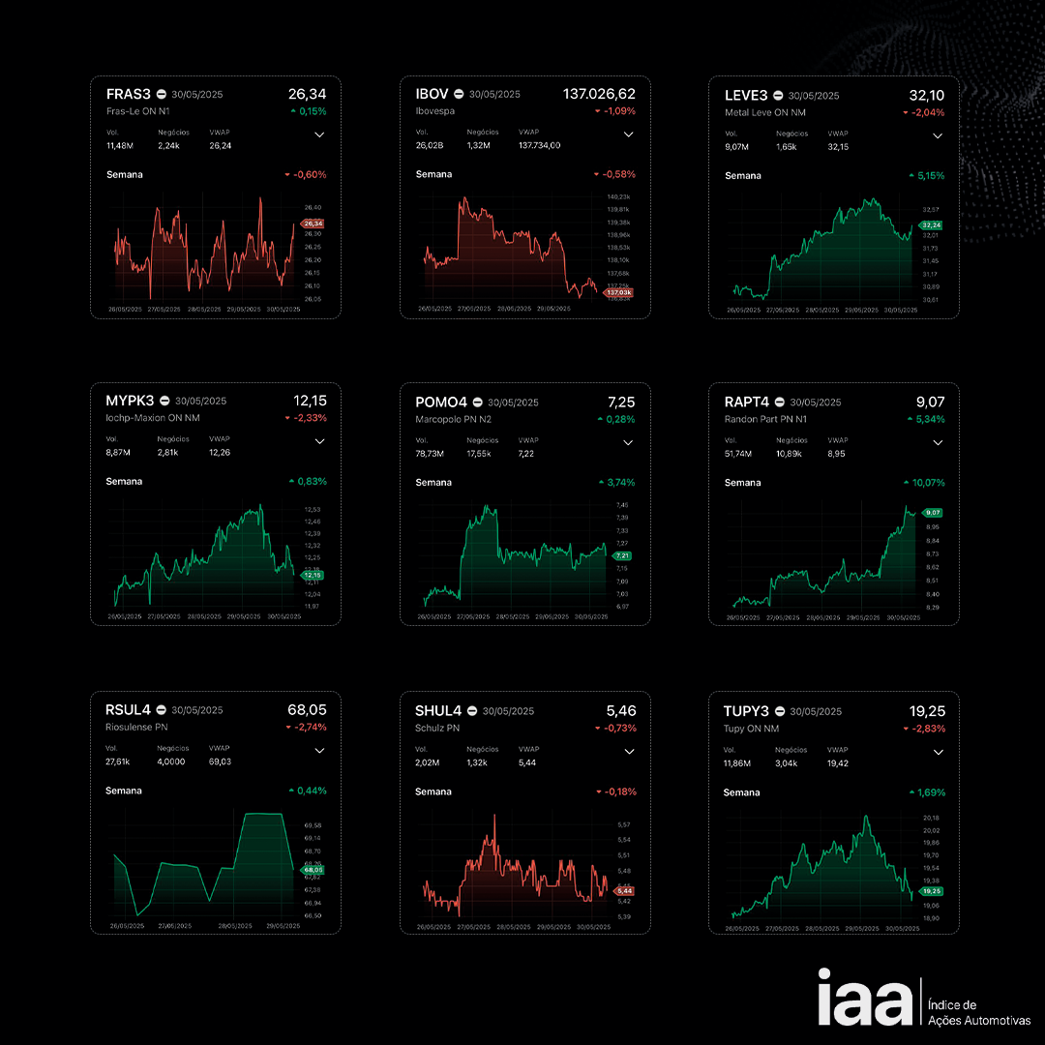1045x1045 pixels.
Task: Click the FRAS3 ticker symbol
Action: pyautogui.click(x=128, y=95)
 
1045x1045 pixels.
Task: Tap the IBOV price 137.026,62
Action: pyautogui.click(x=599, y=94)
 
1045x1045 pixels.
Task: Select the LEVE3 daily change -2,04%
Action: pyautogui.click(x=927, y=113)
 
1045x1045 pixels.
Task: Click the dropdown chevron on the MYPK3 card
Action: pyautogui.click(x=319, y=441)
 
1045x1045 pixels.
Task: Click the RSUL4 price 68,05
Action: pyautogui.click(x=307, y=709)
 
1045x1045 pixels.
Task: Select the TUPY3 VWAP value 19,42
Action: pyautogui.click(x=838, y=763)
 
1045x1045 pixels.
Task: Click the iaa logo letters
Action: pyautogui.click(x=864, y=999)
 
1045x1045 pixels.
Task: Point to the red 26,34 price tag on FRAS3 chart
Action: pyautogui.click(x=313, y=224)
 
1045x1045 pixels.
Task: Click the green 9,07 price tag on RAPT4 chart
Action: pyautogui.click(x=933, y=513)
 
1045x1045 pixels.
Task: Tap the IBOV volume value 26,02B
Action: pyautogui.click(x=430, y=146)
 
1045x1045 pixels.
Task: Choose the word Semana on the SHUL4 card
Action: pyautogui.click(x=433, y=791)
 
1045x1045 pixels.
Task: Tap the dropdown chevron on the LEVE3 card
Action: pyautogui.click(x=937, y=136)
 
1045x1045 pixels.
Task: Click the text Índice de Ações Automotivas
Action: pyautogui.click(x=978, y=1013)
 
